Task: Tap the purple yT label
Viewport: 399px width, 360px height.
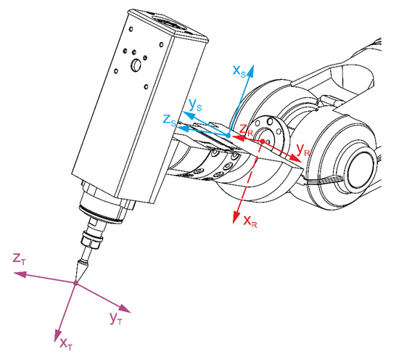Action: (115, 317)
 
